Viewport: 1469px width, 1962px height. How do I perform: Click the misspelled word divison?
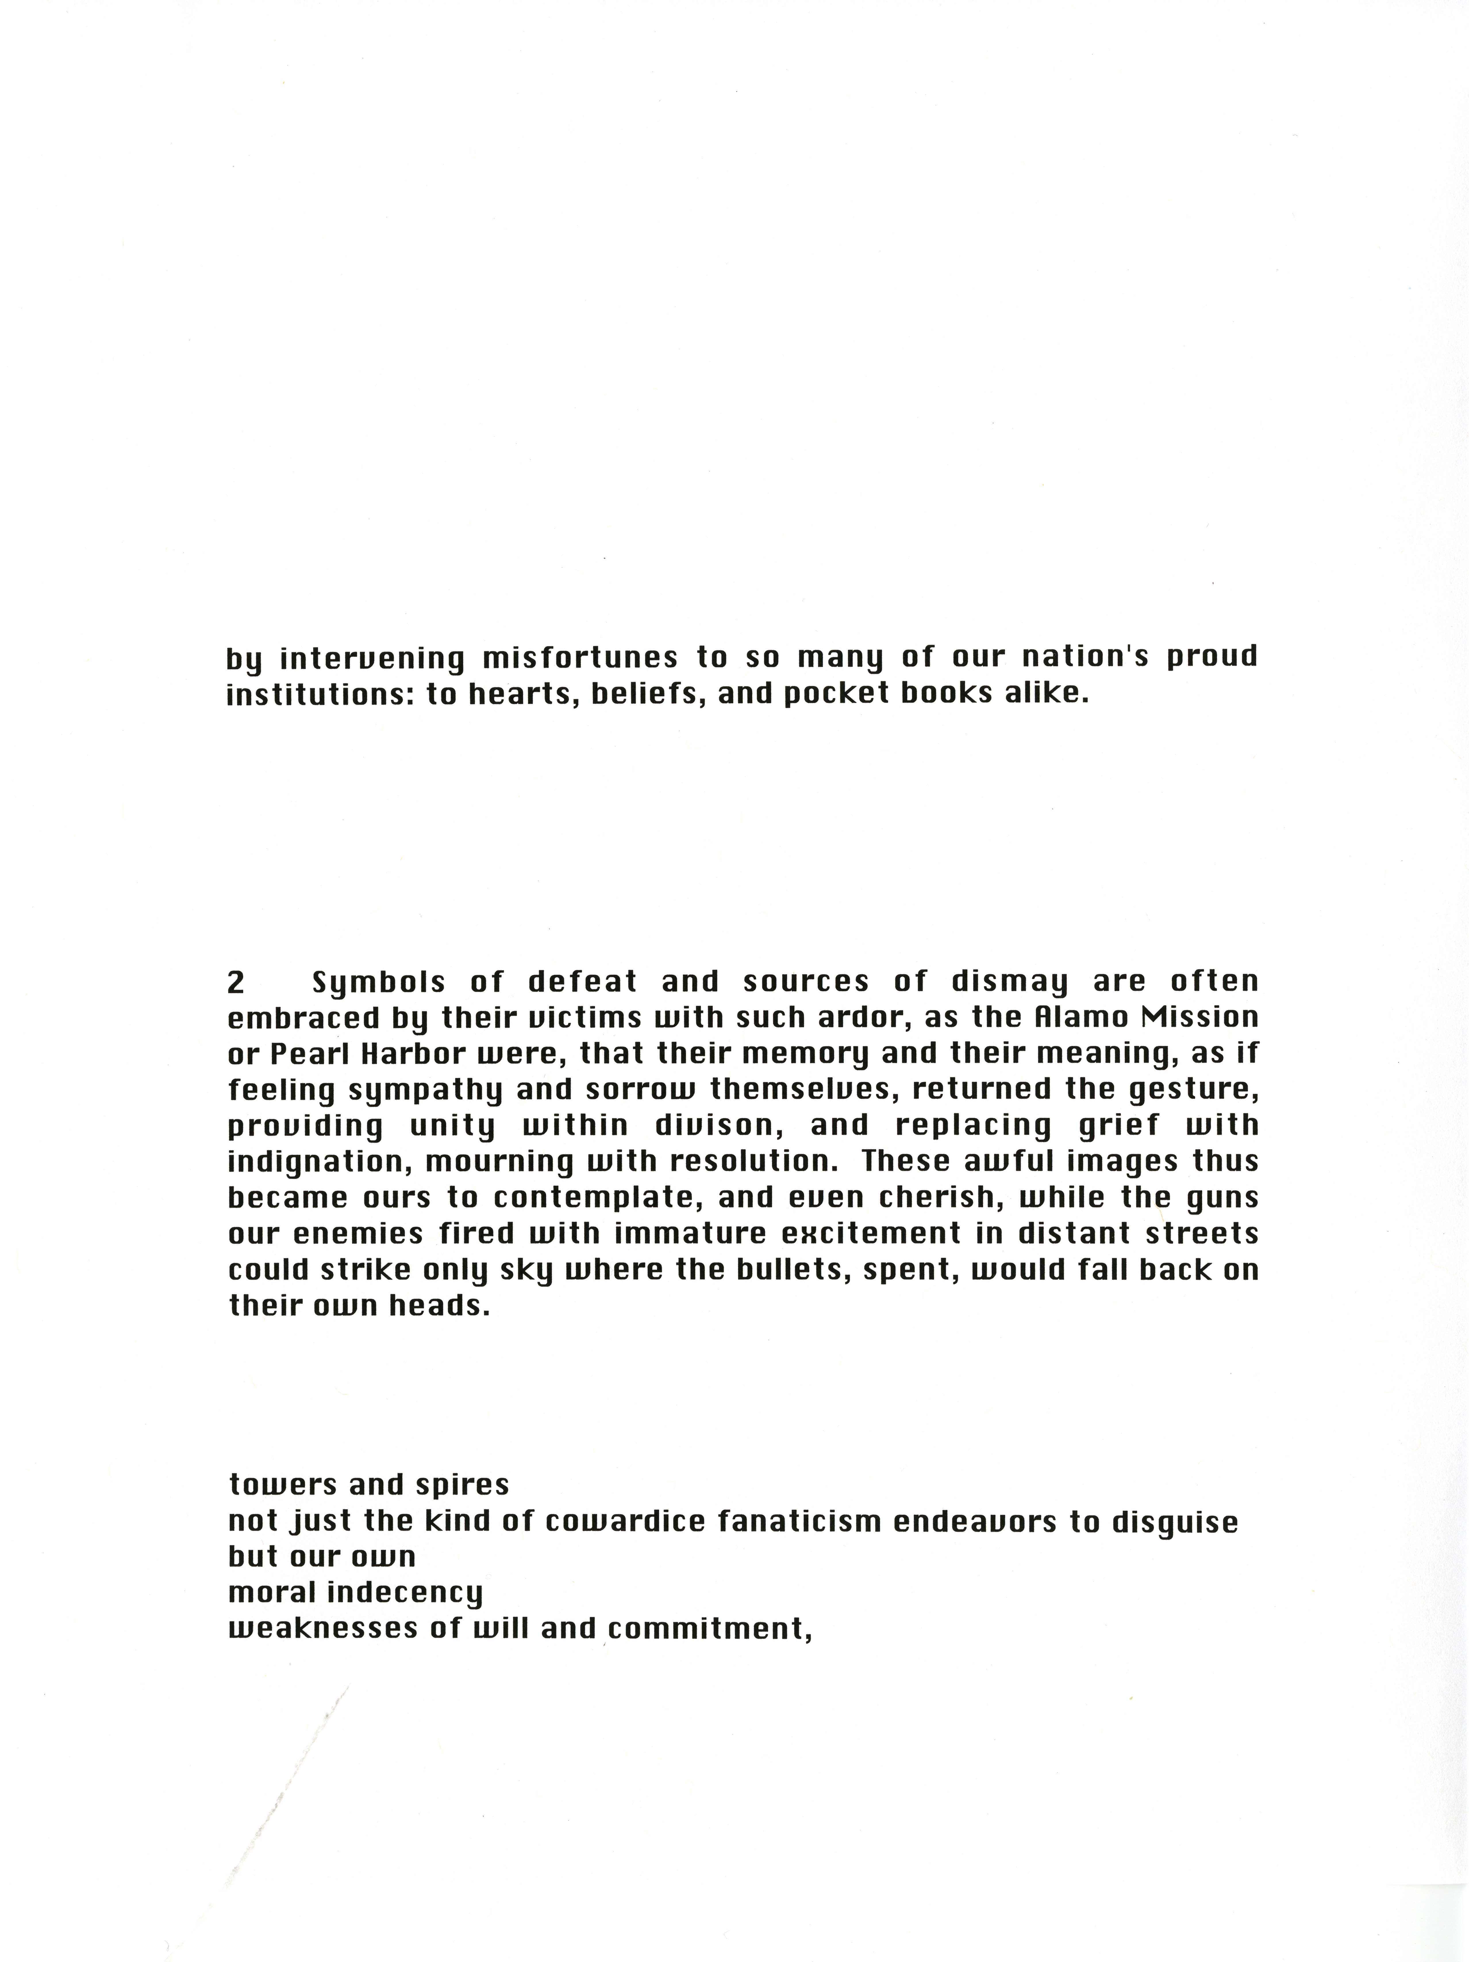coord(720,1126)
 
